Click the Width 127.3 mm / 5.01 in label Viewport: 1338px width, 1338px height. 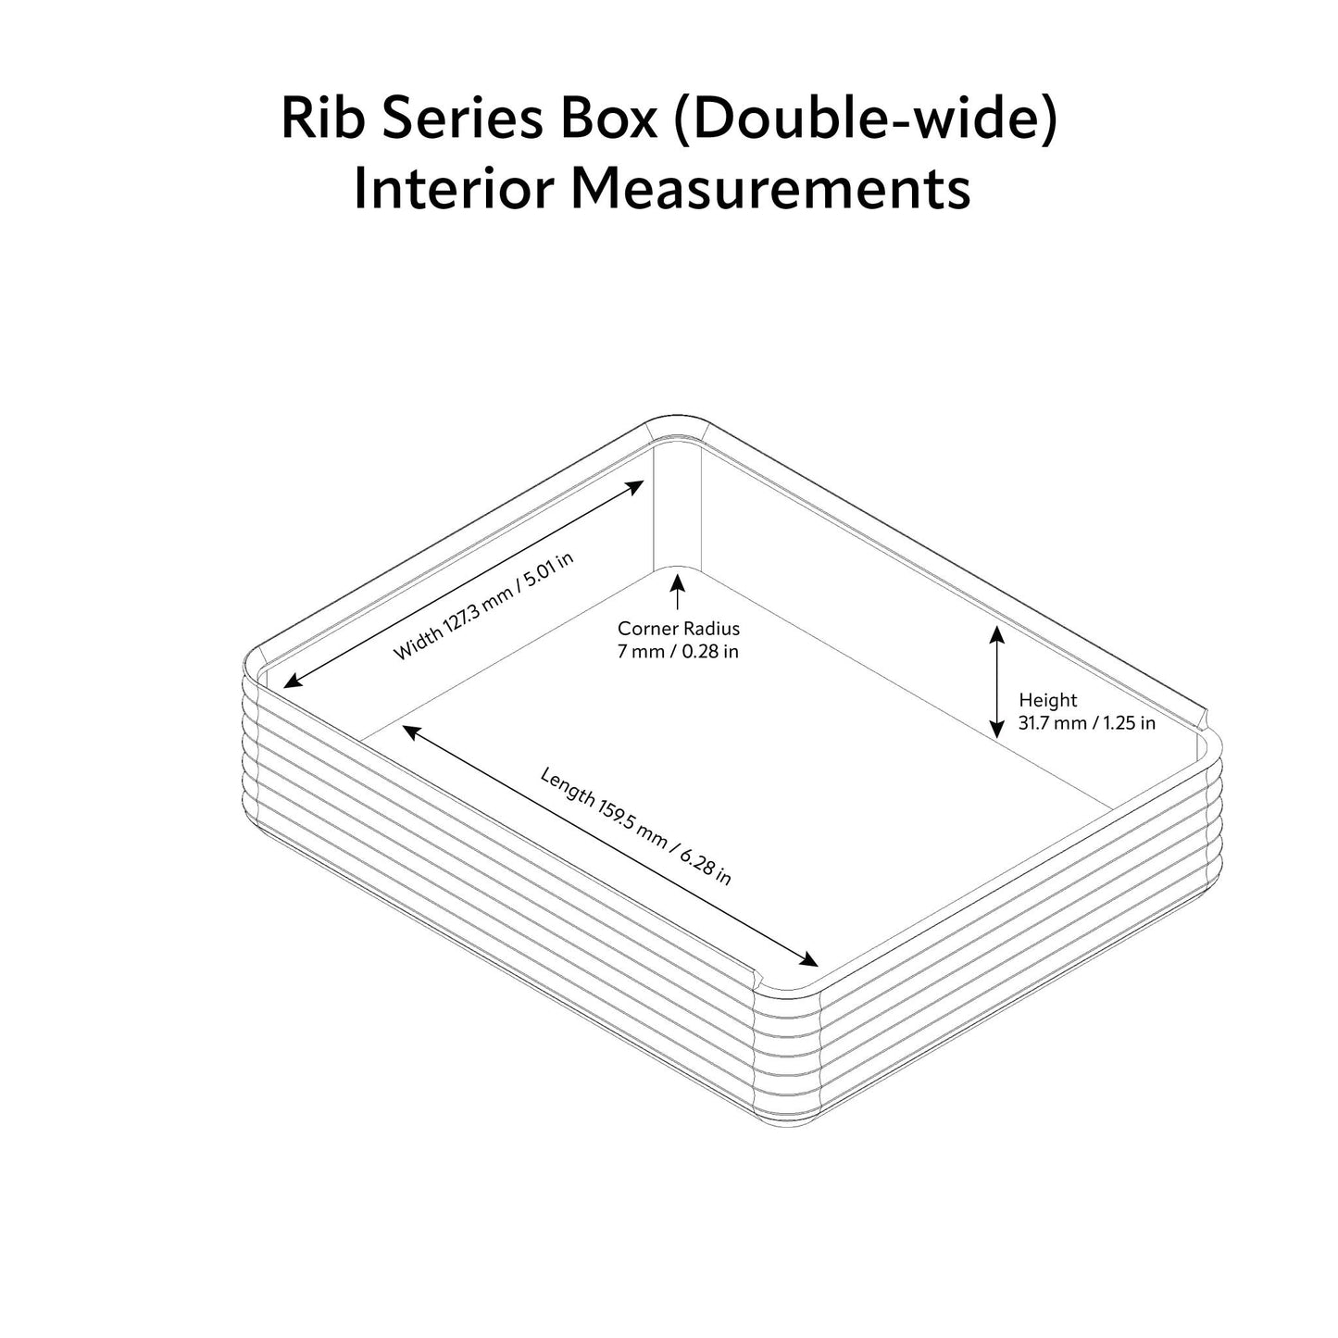483,606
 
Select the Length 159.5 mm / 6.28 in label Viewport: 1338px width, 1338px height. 636,826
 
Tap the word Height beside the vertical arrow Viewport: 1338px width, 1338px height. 1047,700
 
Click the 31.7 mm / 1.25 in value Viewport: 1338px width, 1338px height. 1086,723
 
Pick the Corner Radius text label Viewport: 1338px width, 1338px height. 679,629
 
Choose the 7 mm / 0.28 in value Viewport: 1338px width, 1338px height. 679,652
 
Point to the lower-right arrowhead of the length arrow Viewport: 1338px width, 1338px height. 808,960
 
